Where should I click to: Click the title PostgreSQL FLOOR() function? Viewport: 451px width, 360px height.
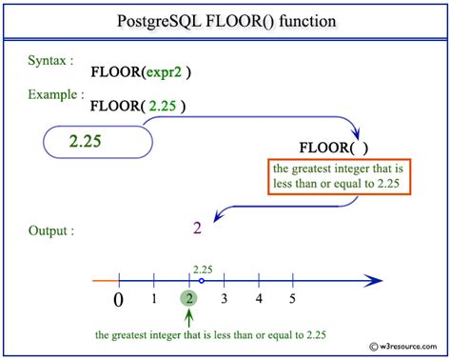point(225,20)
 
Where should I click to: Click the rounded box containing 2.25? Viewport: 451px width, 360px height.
point(98,140)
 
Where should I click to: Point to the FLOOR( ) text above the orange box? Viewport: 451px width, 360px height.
point(332,149)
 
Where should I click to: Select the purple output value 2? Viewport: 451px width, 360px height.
point(197,228)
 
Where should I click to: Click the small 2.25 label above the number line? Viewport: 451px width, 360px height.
point(202,269)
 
